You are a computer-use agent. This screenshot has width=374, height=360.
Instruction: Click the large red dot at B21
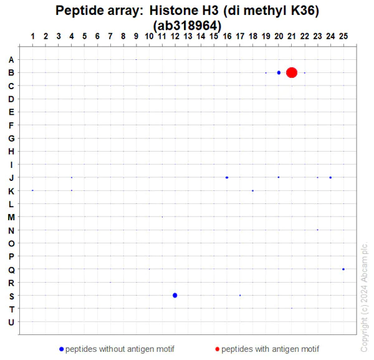tap(292, 72)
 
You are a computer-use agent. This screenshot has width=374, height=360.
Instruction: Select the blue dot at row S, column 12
tap(175, 295)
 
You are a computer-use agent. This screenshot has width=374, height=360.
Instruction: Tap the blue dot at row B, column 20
tap(279, 72)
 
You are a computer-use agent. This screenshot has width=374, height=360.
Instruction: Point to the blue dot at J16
tap(227, 177)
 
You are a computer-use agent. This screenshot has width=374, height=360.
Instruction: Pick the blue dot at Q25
tap(343, 269)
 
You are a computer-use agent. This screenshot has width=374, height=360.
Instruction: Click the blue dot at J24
tap(330, 177)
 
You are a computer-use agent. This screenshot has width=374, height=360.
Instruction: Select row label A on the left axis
tap(11, 60)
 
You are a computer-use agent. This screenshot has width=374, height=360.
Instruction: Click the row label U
tap(11, 322)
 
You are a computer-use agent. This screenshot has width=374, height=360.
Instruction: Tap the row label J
tap(11, 178)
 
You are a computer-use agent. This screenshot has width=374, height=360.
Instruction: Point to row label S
tap(11, 296)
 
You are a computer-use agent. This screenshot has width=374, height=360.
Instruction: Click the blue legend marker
tap(61, 349)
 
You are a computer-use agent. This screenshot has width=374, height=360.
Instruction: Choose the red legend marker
tap(218, 349)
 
